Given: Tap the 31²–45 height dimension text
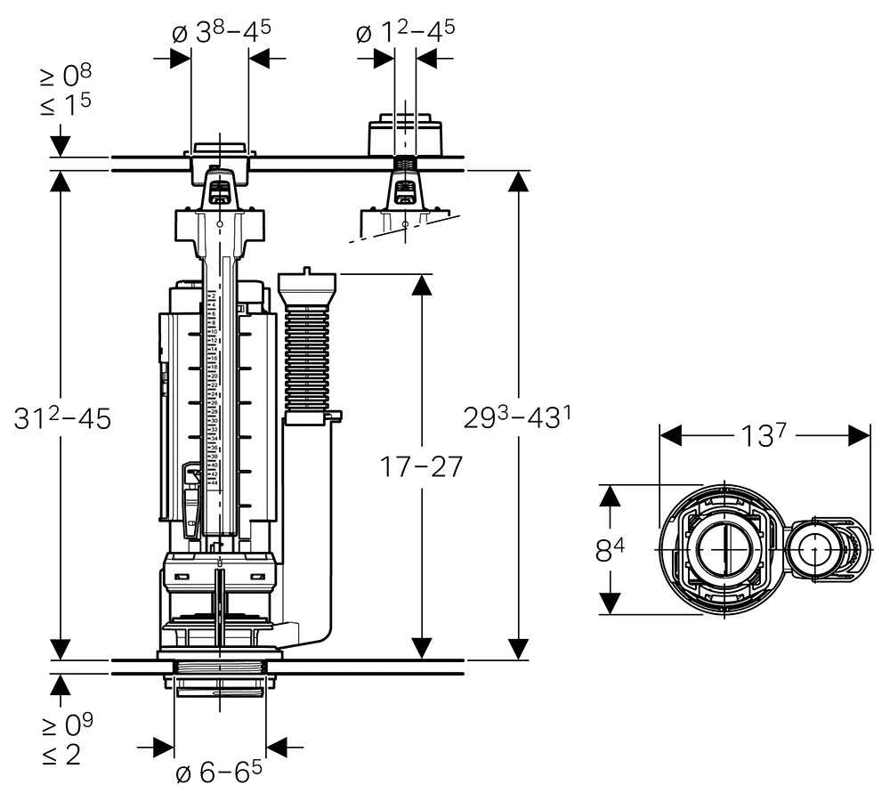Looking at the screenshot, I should pyautogui.click(x=62, y=419).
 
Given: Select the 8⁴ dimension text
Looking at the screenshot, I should pyautogui.click(x=610, y=552).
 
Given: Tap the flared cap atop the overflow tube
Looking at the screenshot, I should pyautogui.click(x=308, y=287).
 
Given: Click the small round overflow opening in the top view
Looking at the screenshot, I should pyautogui.click(x=814, y=549).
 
